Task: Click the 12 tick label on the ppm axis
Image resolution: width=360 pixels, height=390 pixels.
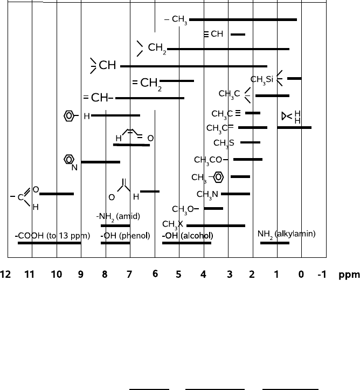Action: point(6,275)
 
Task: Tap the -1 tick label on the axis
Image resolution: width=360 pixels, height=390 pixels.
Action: point(322,275)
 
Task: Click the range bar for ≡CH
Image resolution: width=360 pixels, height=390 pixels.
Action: point(238,35)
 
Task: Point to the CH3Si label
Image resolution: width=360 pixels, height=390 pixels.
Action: point(262,79)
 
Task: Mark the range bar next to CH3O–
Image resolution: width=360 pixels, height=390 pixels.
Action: point(213,208)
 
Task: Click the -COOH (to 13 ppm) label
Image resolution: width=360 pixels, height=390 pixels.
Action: point(52,236)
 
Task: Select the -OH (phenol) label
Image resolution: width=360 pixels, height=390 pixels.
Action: point(124,236)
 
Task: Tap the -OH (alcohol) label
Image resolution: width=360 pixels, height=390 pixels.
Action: point(188,236)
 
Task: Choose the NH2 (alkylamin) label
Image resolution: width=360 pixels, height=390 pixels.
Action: point(287,234)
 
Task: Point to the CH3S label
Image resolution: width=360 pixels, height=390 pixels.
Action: point(224,143)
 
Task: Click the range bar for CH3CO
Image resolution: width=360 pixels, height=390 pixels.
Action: point(248,160)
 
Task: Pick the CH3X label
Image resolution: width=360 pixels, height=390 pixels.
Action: point(172,223)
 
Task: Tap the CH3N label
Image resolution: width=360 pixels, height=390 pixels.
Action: point(207,194)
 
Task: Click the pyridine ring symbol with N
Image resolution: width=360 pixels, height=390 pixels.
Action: point(70,161)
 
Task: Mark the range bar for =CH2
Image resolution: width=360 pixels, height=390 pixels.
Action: point(177,81)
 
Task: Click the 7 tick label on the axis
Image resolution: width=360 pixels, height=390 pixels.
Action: point(129,275)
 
